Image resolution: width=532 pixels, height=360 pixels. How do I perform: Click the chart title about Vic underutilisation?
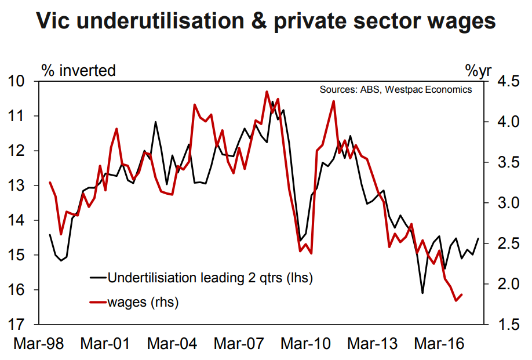pos(266,21)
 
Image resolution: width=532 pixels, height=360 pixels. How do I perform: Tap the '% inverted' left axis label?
pos(79,71)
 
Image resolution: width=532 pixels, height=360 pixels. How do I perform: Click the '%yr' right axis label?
pos(478,71)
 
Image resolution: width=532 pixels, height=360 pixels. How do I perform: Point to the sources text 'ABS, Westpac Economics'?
pos(395,90)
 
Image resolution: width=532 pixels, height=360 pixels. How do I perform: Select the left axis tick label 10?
pos(20,81)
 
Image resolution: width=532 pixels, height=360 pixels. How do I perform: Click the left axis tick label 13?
pos(20,186)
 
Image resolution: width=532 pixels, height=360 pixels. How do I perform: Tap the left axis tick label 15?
pos(20,255)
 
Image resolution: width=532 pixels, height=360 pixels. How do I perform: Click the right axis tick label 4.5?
pos(502,81)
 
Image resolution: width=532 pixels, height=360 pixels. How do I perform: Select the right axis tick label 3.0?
pos(502,203)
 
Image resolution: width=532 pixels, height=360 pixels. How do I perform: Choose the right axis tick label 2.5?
pos(502,243)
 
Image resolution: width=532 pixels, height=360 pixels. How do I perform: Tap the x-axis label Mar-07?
pos(238,344)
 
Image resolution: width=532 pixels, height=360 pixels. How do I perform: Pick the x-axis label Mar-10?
pos(305,344)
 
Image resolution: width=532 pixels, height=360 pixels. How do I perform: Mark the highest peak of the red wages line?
pos(267,92)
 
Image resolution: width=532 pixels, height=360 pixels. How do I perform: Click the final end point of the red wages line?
pos(462,294)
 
